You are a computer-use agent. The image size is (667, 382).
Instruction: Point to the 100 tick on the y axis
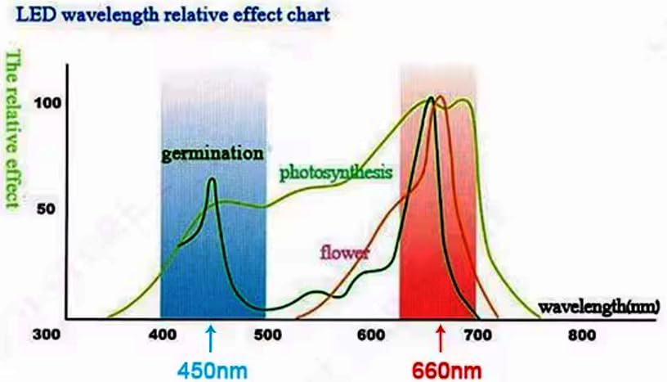point(44,103)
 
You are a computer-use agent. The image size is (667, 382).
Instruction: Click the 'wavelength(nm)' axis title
point(599,307)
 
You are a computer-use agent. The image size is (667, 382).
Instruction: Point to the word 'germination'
point(213,153)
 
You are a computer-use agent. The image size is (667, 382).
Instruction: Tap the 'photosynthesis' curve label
point(336,173)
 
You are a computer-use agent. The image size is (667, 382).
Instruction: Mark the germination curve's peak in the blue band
point(213,179)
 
